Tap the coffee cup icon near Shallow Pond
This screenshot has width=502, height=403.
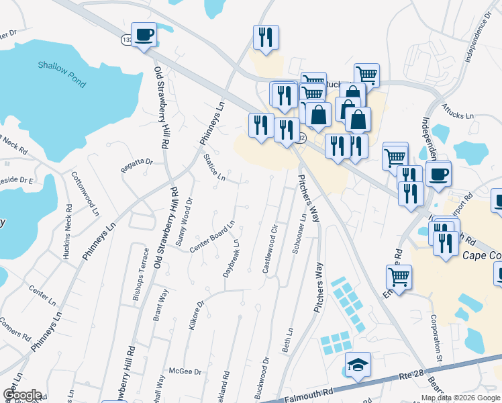tap(144, 34)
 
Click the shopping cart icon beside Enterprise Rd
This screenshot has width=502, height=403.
tap(399, 276)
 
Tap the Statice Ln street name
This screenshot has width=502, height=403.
tap(214, 167)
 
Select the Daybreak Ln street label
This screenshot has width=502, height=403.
tap(231, 259)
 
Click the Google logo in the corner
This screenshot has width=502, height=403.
tap(22, 395)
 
